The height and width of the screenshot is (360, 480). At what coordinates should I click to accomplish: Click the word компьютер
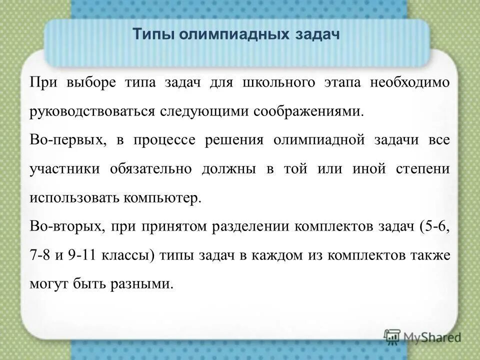coord(160,197)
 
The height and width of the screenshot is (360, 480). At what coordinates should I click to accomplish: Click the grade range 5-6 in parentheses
coord(436,226)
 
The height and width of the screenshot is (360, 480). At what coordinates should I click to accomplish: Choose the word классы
coord(128,255)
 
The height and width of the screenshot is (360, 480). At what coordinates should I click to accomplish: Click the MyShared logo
coord(422,337)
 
